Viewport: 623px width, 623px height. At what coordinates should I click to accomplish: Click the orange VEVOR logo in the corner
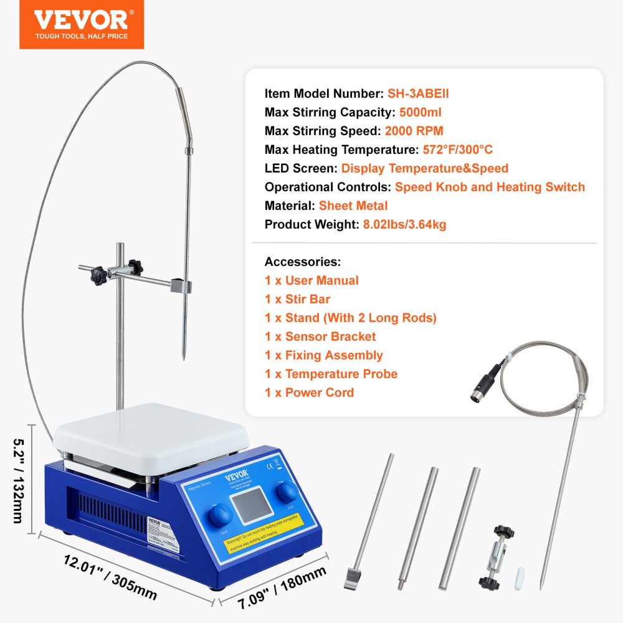tap(82, 24)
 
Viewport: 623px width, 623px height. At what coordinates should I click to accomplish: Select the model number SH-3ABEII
tap(418, 94)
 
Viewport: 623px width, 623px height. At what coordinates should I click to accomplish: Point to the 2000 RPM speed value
tap(415, 131)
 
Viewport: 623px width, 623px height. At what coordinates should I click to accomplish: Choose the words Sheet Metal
tap(353, 206)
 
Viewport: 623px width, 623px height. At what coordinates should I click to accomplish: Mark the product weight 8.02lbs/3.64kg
tap(405, 225)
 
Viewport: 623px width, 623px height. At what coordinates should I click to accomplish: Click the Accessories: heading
tap(303, 262)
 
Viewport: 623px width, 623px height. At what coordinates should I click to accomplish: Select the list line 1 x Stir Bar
tap(297, 300)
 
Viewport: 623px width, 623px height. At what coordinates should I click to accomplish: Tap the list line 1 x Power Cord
tap(309, 393)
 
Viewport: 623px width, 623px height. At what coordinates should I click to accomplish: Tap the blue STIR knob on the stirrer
tap(288, 492)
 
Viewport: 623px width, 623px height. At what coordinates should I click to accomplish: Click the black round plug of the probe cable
tap(482, 386)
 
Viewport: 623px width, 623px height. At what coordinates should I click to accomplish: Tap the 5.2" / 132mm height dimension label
tap(19, 480)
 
